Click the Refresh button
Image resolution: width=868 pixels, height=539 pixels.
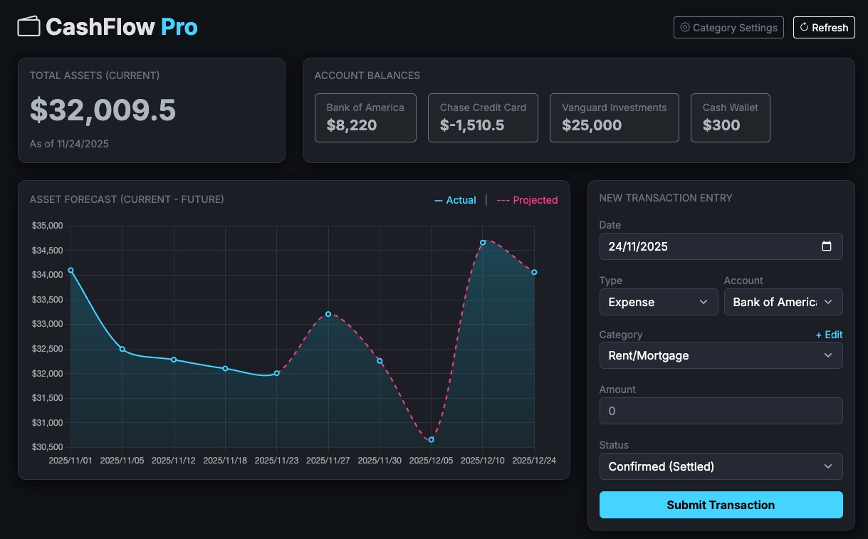tap(824, 28)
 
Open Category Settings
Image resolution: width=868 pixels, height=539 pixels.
tap(728, 28)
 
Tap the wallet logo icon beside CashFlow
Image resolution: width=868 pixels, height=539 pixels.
tap(28, 26)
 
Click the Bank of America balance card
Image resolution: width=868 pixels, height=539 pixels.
tap(365, 117)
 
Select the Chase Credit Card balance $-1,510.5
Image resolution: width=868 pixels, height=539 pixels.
tap(472, 125)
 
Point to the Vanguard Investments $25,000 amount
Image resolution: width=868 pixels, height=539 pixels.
tap(592, 125)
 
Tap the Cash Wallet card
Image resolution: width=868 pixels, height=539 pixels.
tap(730, 117)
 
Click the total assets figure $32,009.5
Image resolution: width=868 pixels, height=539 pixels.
tap(103, 110)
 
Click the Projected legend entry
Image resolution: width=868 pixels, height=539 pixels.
tap(527, 200)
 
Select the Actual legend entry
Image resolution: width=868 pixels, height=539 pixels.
tap(455, 200)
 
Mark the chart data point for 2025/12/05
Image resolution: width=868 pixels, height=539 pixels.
tap(431, 440)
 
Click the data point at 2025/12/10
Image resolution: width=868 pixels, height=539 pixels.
tap(483, 243)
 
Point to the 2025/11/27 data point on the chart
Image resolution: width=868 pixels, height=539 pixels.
tap(328, 314)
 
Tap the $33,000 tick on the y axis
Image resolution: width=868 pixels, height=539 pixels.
tap(47, 324)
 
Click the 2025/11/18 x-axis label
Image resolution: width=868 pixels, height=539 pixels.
tap(225, 461)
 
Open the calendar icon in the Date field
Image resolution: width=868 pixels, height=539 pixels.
tap(827, 246)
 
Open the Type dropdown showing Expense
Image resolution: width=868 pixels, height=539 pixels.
tap(659, 302)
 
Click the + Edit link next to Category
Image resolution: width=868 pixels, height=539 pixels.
tap(829, 335)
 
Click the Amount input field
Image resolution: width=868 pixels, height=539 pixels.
tap(721, 411)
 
